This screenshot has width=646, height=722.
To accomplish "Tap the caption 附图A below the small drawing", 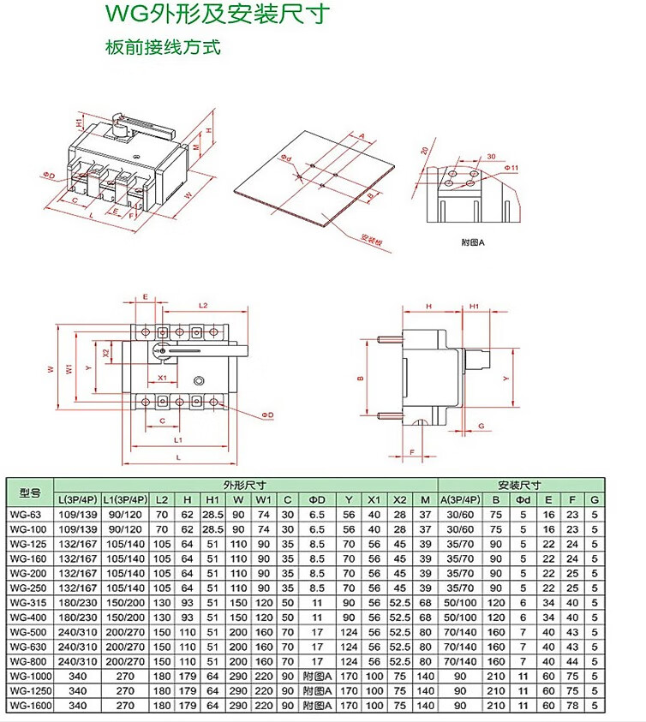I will tap(473, 242).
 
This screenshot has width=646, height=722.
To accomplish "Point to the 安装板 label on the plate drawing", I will tap(370, 241).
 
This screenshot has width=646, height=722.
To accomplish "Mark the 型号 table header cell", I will tap(30, 492).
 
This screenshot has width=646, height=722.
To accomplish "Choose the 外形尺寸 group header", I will tap(245, 485).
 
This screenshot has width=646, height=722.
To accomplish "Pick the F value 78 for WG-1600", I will tap(573, 705).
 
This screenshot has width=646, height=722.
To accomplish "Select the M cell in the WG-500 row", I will tap(426, 632).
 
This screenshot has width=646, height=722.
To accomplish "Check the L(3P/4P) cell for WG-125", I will tap(77, 544).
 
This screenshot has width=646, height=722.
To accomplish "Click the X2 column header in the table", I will tap(399, 499).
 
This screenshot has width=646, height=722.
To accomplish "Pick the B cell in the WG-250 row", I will tap(495, 588).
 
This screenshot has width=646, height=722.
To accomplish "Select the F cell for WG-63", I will tap(573, 515).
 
